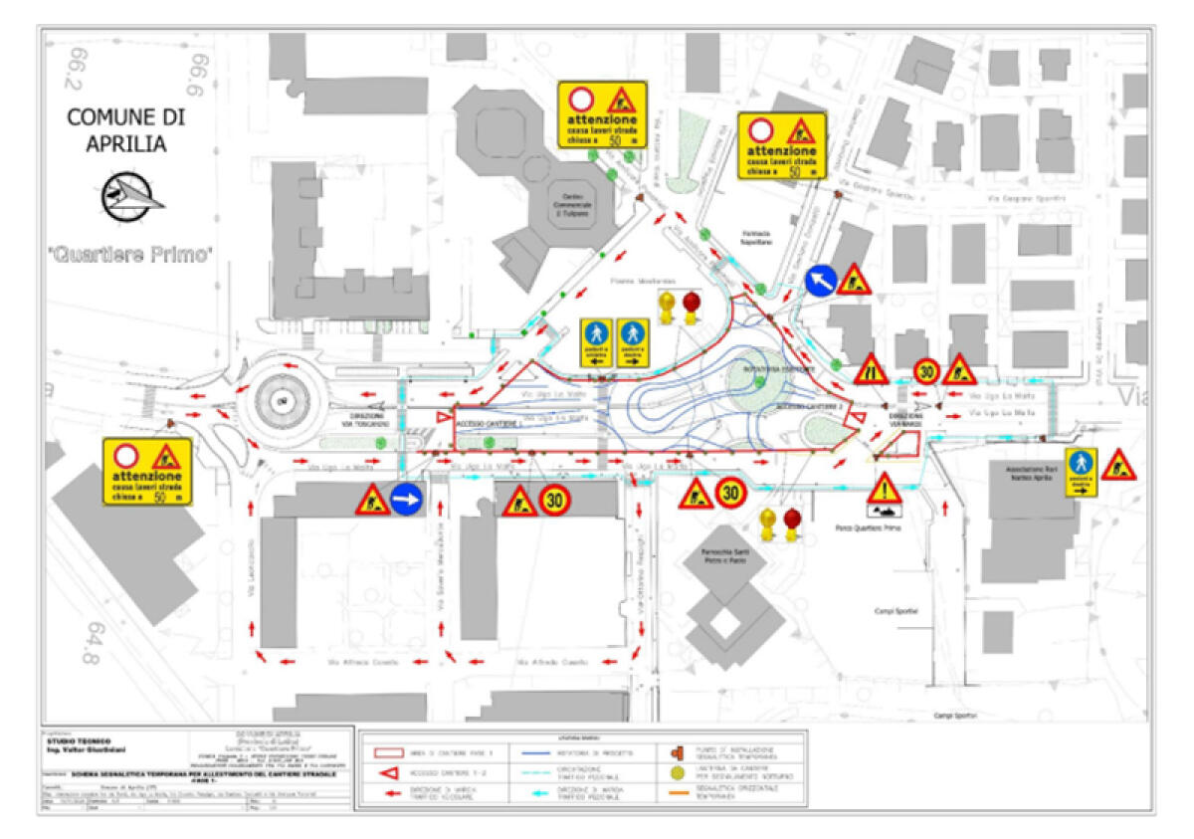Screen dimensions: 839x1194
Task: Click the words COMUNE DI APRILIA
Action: tap(125, 129)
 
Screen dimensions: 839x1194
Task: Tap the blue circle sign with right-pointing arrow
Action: tap(407, 499)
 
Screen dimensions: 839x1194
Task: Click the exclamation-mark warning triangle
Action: tap(883, 489)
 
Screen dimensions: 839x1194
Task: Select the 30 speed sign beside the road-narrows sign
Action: tap(926, 371)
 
